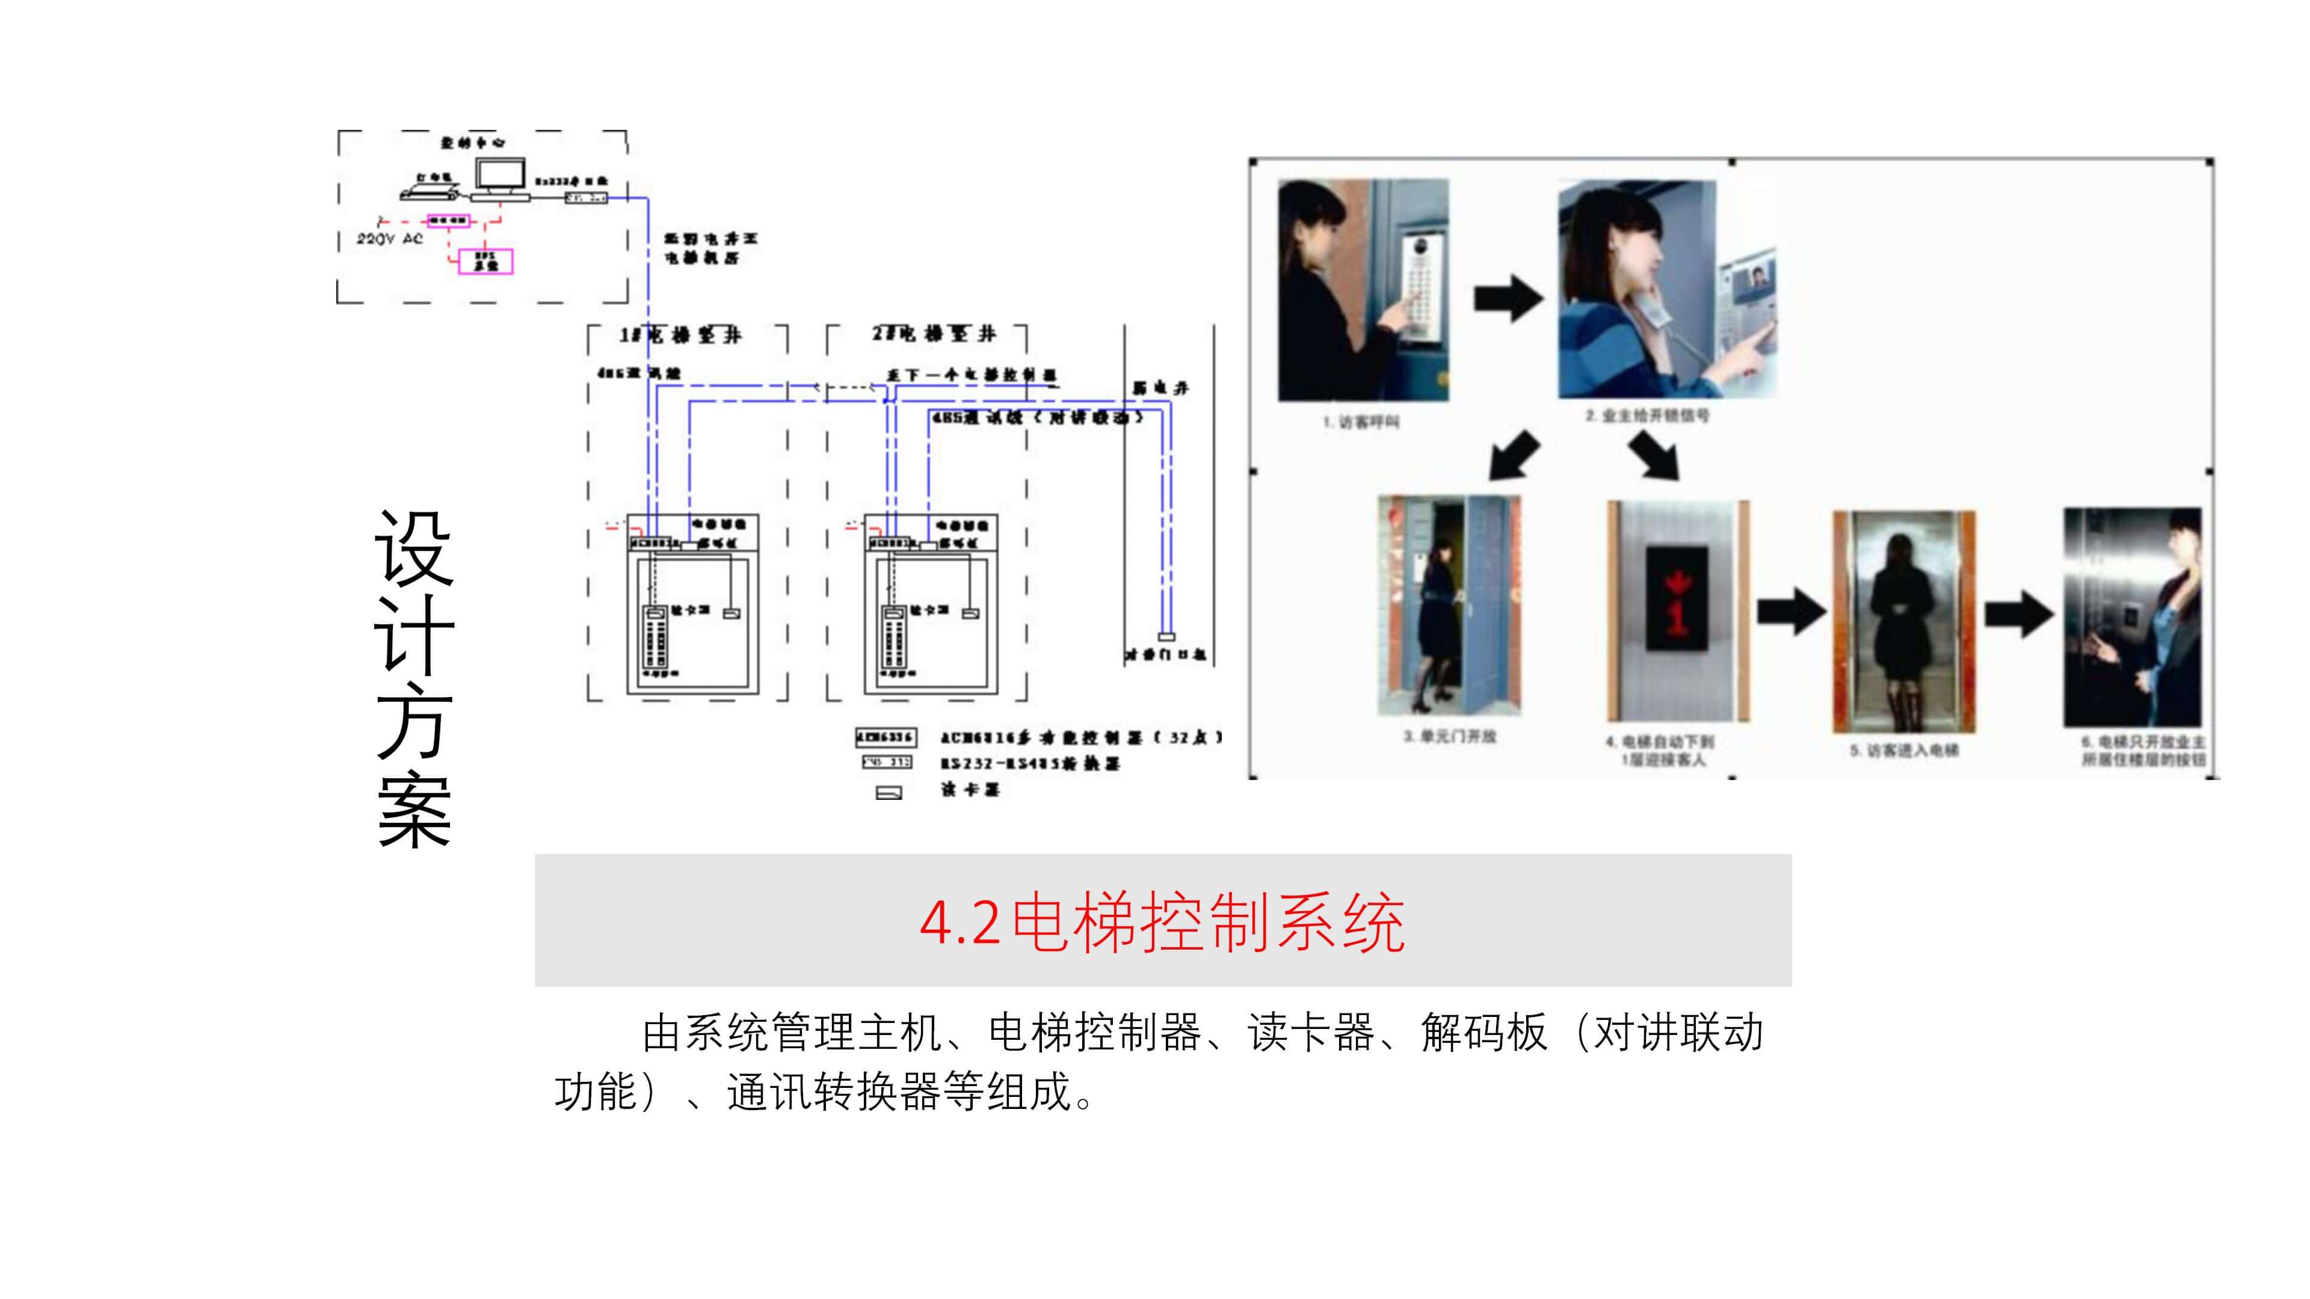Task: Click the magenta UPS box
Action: (x=485, y=261)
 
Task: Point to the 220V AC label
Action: (x=389, y=239)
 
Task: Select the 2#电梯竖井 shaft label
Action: (x=934, y=334)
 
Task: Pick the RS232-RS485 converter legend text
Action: (x=1029, y=764)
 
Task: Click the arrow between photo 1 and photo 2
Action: (x=1508, y=298)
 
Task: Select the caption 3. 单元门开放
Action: (x=1450, y=736)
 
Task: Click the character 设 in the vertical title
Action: (x=414, y=548)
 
